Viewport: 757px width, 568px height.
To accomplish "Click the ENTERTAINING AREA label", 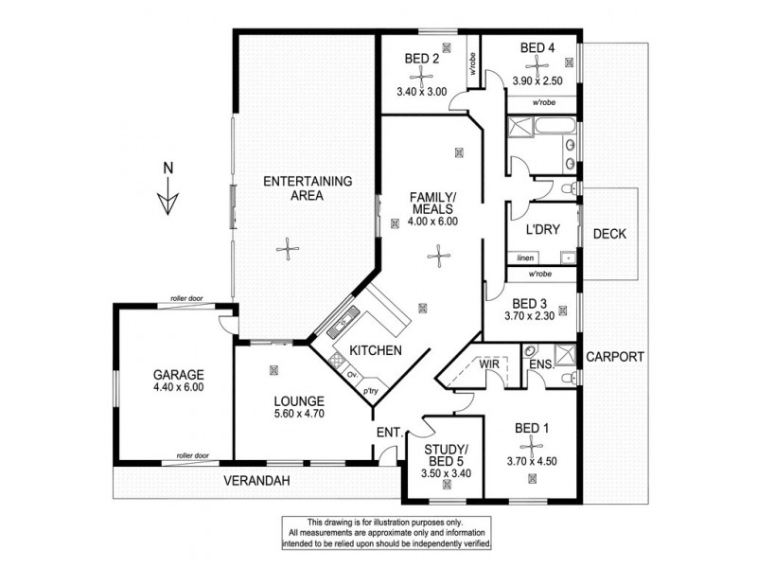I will (293, 188).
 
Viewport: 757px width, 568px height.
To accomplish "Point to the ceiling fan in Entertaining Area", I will (285, 249).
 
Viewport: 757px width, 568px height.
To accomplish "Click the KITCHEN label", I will (376, 350).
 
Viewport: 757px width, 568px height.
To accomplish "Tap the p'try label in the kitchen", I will (371, 390).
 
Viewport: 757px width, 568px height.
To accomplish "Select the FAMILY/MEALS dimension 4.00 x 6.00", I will (432, 222).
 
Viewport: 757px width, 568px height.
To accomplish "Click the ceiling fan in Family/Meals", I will (435, 252).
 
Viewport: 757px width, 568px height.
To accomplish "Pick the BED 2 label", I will (422, 59).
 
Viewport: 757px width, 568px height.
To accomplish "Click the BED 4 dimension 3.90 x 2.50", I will (538, 81).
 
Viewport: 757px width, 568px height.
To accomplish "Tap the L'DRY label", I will (543, 230).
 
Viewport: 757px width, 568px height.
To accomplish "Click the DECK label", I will (610, 234).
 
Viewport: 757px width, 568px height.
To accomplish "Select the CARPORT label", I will (615, 357).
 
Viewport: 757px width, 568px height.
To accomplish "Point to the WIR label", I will (489, 364).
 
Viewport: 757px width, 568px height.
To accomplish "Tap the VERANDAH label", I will (256, 481).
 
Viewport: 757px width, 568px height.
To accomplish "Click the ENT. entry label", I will (389, 432).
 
